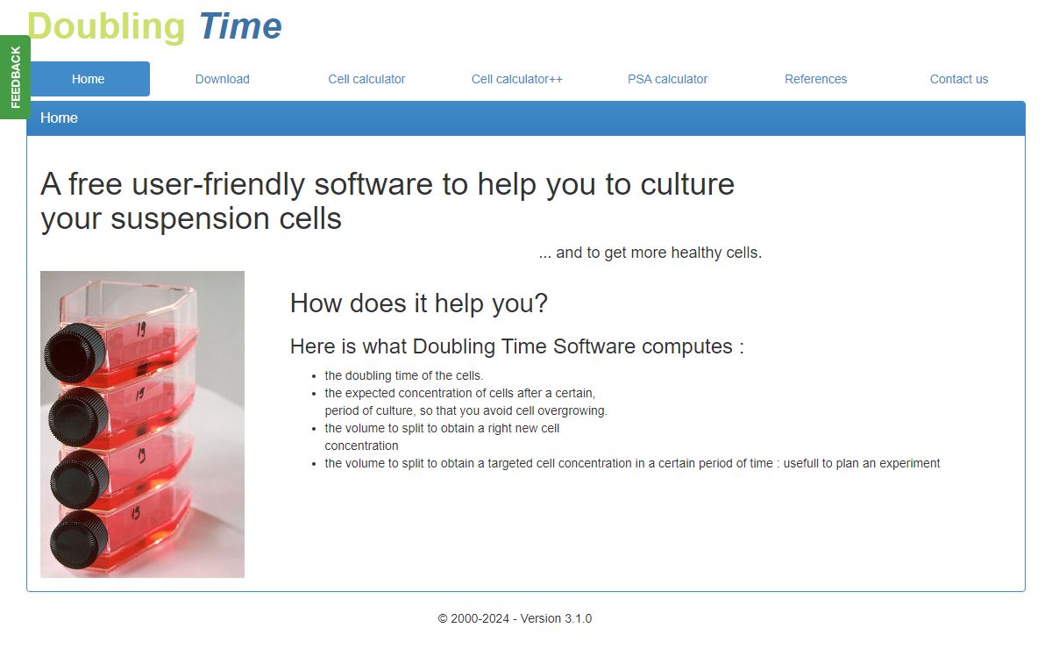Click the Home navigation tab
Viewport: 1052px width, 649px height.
tap(89, 79)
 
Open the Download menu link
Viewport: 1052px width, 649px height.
tap(222, 79)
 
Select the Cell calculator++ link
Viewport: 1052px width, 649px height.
tap(516, 79)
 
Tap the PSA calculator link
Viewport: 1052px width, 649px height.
tap(667, 79)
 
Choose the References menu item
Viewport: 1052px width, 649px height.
tap(816, 79)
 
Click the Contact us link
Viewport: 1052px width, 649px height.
tap(959, 79)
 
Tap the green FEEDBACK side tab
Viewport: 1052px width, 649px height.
tap(15, 77)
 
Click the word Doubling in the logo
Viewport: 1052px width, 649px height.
tap(106, 27)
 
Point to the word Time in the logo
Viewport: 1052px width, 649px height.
tap(240, 25)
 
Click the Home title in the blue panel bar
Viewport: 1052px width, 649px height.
tap(59, 118)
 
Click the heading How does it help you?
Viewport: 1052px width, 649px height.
tap(419, 303)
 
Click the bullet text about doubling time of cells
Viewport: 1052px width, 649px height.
tap(404, 375)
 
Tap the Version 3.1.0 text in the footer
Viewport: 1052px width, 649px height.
tap(556, 618)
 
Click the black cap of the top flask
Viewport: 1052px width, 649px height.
tap(75, 352)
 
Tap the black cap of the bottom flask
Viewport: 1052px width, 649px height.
tap(78, 540)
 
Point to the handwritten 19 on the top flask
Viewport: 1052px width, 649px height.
tap(141, 330)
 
